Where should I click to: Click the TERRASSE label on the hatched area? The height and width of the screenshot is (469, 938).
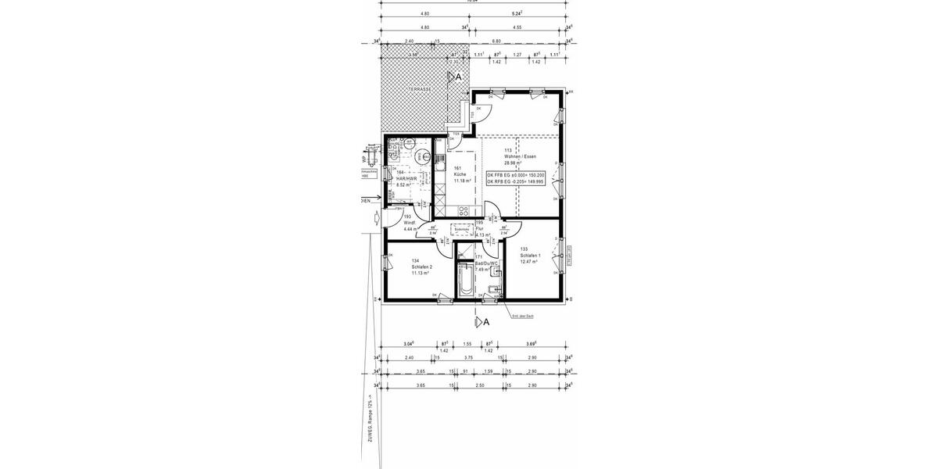point(419,90)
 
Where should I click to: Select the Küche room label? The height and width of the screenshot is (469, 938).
point(460,174)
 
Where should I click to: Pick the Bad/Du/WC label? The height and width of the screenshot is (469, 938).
point(486,263)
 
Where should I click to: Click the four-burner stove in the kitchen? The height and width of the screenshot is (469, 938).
point(463,210)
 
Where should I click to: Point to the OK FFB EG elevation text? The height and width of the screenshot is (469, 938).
point(516,175)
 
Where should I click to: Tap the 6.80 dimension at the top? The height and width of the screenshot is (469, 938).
point(496,41)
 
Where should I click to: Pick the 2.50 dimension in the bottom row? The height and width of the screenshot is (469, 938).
point(480,386)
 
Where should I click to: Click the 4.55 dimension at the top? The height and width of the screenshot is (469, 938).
point(517,27)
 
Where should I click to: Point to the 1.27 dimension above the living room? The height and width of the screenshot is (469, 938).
point(517,55)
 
